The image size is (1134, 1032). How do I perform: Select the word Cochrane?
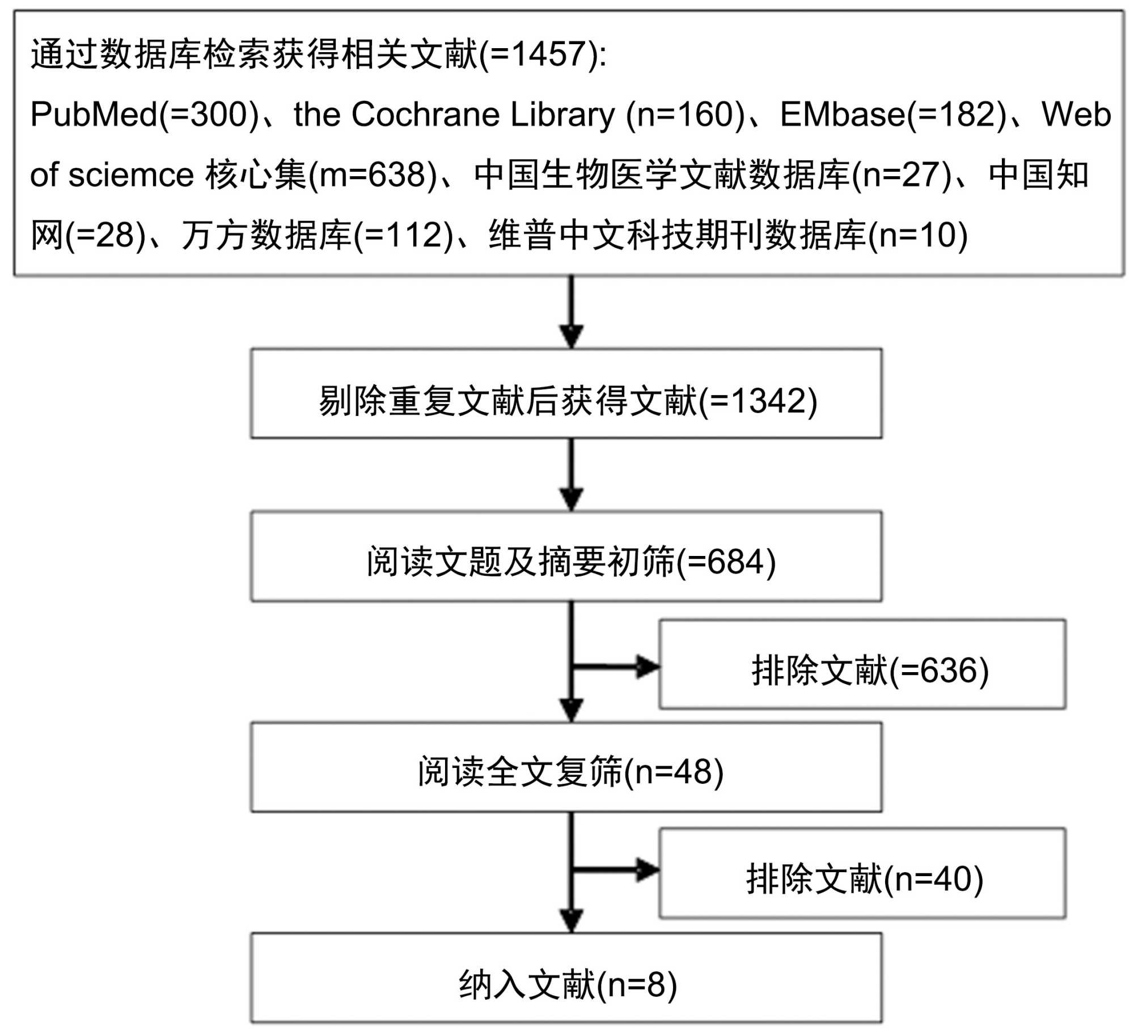(426, 114)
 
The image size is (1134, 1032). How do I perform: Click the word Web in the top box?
(1076, 114)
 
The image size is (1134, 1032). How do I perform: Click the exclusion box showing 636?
(862, 664)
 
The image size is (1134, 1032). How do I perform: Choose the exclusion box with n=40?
(862, 873)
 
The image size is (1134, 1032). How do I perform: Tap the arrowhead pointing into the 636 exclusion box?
(647, 666)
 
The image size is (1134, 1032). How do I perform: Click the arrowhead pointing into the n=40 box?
(647, 870)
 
